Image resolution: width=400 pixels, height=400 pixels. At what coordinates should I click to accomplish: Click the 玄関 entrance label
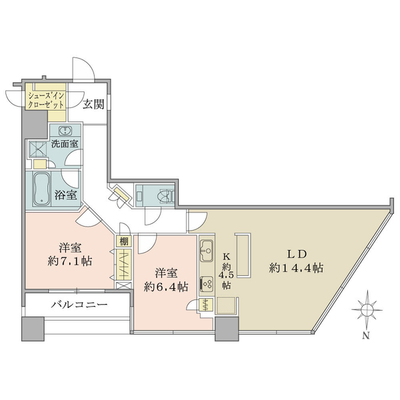point(93,104)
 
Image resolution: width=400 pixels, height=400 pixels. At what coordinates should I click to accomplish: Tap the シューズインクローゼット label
point(46,101)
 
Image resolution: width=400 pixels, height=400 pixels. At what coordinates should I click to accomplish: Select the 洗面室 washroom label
point(65,144)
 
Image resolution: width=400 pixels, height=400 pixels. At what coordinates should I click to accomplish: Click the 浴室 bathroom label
point(65,195)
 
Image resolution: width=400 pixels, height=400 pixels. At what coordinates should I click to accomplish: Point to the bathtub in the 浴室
point(41,189)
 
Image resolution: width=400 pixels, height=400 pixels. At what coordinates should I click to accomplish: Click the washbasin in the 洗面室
point(65,131)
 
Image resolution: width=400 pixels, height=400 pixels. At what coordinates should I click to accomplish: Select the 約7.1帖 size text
point(70,261)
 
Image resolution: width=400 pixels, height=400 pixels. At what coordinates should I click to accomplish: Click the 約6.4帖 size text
point(166,287)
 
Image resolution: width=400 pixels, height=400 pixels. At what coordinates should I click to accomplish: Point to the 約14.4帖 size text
point(297,268)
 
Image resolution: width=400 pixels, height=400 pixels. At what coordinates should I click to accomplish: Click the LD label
point(297,254)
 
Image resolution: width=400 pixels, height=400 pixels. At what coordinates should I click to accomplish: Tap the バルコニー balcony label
point(79,305)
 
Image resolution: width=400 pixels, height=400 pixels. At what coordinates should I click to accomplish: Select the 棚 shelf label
point(124,241)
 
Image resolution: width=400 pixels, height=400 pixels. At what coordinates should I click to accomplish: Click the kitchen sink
point(207,251)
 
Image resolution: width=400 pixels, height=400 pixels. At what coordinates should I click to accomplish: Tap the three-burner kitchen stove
point(207,284)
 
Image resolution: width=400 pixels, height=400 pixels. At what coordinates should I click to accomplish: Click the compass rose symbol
point(367,310)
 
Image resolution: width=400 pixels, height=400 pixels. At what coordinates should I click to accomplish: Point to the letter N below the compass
point(366,336)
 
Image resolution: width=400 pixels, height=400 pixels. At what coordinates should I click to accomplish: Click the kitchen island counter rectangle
point(243,255)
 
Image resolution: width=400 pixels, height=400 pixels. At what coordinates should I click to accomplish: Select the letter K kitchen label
point(227,256)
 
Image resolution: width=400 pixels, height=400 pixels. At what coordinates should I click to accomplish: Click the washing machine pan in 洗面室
point(38,149)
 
